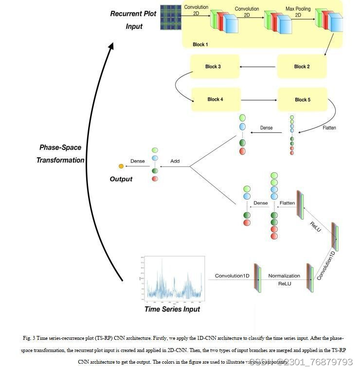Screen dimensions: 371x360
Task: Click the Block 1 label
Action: coord(200,45)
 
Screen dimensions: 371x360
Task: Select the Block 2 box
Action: coord(302,67)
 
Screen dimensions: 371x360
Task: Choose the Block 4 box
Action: coord(215,99)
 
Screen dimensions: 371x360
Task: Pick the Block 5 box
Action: coord(302,99)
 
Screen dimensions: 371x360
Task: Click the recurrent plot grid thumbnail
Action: coord(170,18)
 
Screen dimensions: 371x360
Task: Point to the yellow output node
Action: coord(121,167)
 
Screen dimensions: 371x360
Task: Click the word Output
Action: coord(121,179)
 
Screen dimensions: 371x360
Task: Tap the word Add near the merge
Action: coord(175,161)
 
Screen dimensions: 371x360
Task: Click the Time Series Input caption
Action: coord(172,309)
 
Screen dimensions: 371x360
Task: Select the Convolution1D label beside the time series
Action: coord(232,276)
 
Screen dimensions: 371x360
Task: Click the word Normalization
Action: coord(284,276)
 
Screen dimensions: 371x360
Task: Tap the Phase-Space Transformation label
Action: coord(60,153)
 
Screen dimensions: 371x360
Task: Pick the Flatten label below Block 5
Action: coord(329,128)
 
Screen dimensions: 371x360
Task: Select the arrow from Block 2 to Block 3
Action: coord(258,67)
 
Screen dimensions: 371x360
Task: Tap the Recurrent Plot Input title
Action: coord(134,19)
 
